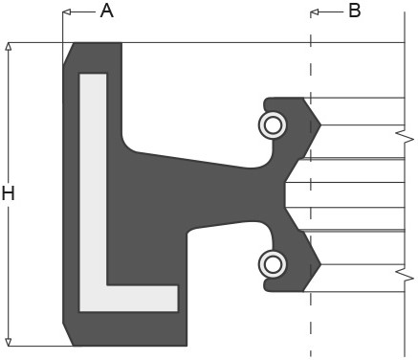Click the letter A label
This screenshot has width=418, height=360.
[x=106, y=11]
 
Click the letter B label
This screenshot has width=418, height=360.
[x=354, y=11]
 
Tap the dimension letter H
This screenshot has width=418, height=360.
[x=9, y=193]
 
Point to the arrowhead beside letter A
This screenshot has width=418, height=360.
[x=67, y=11]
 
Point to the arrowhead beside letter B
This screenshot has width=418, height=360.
[x=316, y=11]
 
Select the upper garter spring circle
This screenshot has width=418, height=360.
[x=273, y=124]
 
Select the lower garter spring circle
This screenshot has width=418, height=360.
[x=273, y=263]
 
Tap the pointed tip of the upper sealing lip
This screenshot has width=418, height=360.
[x=320, y=124]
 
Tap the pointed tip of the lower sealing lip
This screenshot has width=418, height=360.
[x=320, y=264]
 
